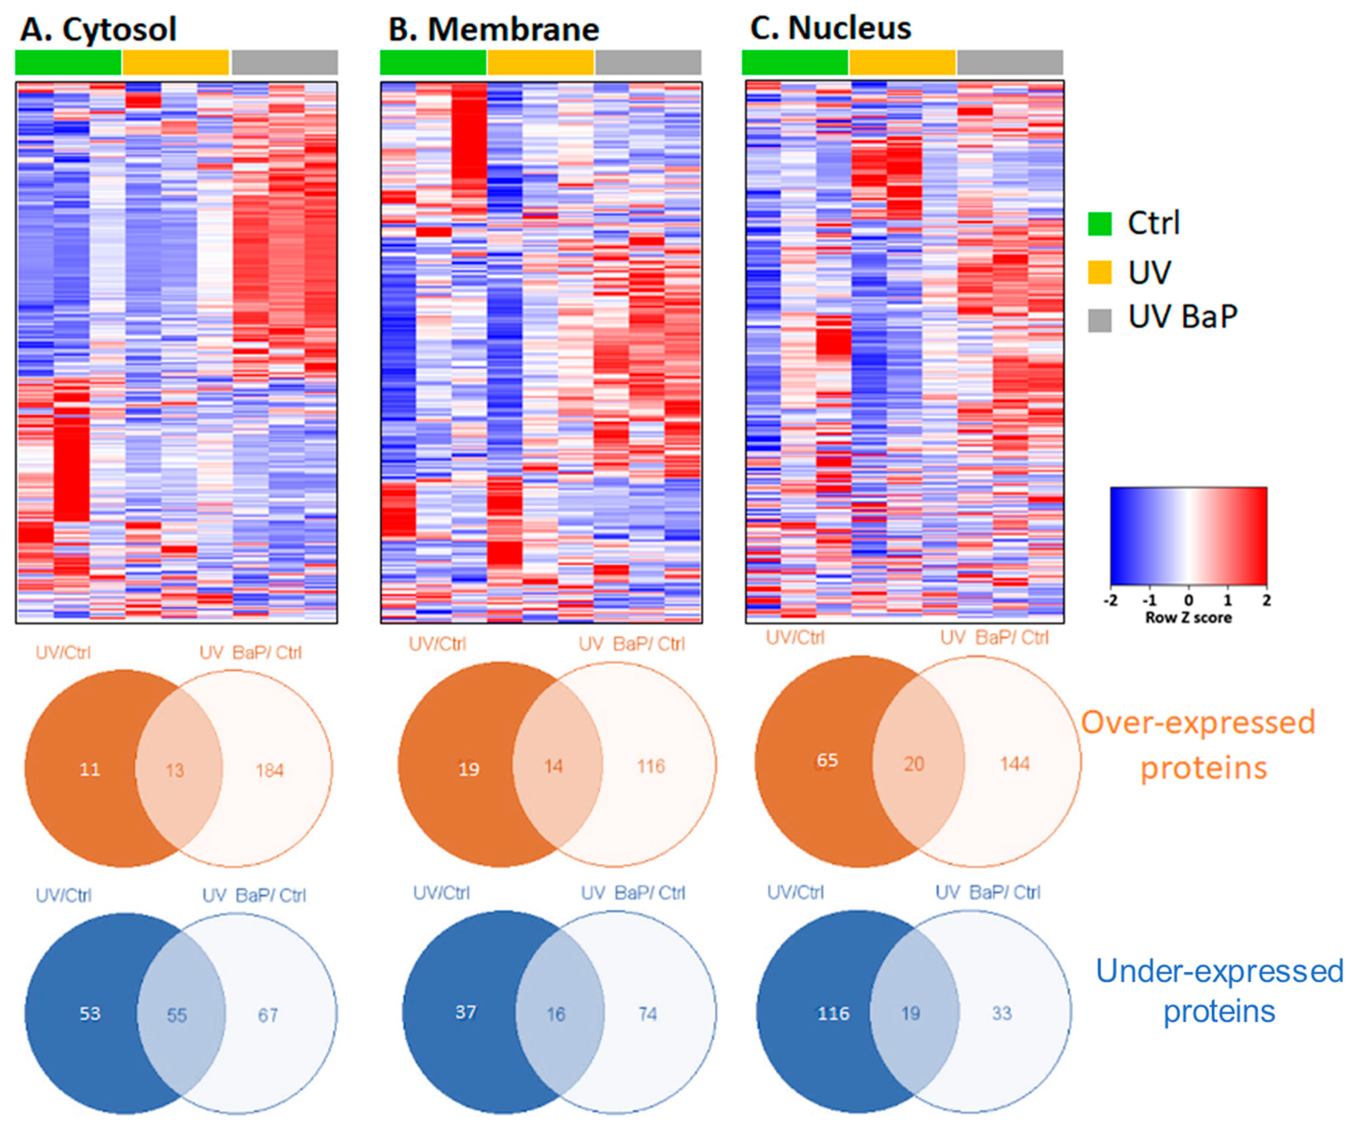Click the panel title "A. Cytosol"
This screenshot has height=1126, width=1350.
tap(98, 30)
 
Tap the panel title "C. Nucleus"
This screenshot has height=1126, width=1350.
tap(831, 28)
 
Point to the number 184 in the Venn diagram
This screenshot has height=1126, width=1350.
tap(269, 770)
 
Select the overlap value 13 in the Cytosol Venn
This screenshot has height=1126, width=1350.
tap(175, 770)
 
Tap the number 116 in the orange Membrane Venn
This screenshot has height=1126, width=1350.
tap(651, 766)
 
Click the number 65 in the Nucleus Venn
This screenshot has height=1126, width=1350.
tap(827, 761)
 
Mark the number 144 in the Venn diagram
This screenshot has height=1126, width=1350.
tap(1014, 764)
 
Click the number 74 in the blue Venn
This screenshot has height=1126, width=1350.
tap(647, 1014)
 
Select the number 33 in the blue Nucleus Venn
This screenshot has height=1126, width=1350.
tap(1002, 1013)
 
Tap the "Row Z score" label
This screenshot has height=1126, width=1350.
tap(1188, 617)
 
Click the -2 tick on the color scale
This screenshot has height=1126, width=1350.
tap(1110, 600)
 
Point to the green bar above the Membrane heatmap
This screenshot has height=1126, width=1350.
tap(433, 62)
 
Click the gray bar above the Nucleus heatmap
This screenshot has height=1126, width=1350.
tap(1009, 62)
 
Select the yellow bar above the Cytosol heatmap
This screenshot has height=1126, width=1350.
tap(175, 62)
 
